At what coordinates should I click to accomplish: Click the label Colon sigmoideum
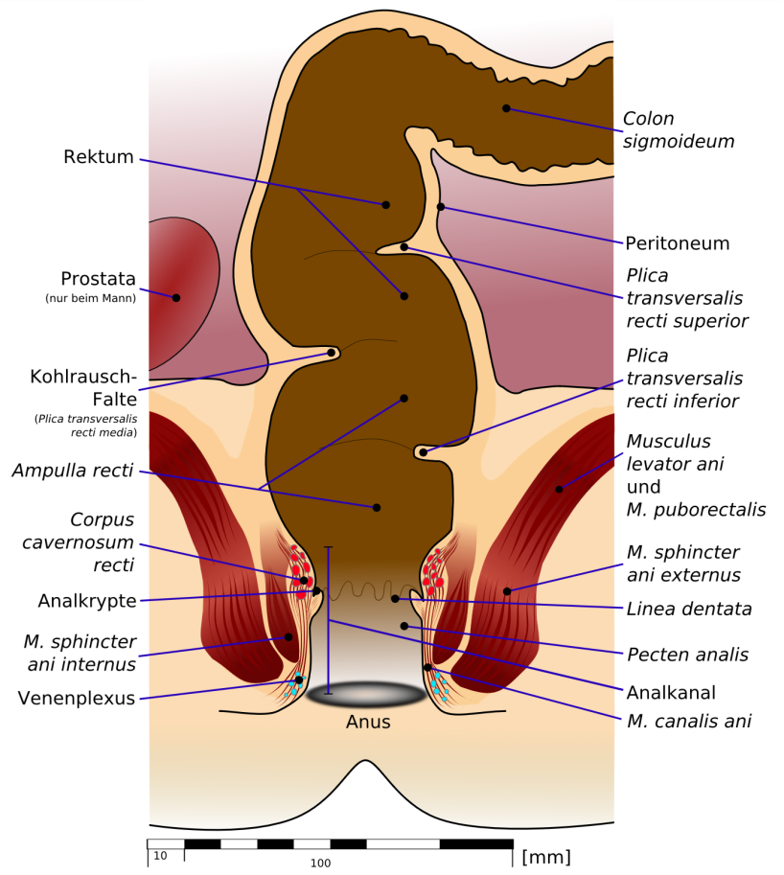click(x=678, y=130)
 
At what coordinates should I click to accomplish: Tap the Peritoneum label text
click(x=677, y=243)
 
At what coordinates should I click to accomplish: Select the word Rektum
click(x=98, y=157)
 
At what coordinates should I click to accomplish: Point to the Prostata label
click(x=98, y=279)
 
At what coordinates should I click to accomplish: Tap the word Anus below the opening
click(x=368, y=722)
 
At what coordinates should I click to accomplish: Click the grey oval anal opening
click(x=366, y=694)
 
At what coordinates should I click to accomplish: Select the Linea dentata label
click(x=688, y=609)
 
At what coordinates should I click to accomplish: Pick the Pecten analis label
click(x=687, y=655)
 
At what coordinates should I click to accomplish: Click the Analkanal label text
click(x=671, y=693)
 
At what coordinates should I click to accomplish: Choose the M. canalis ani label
click(x=688, y=721)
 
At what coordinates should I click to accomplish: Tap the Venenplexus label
click(x=77, y=698)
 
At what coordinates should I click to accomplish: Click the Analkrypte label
click(x=87, y=601)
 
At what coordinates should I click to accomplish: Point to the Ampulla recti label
click(x=73, y=471)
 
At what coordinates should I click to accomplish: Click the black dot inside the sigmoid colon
click(x=506, y=108)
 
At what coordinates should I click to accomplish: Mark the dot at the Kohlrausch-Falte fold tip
click(x=331, y=353)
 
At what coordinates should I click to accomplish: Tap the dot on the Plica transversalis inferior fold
click(x=424, y=452)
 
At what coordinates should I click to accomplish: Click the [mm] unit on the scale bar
click(x=545, y=857)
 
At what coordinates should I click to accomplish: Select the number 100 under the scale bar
click(x=320, y=863)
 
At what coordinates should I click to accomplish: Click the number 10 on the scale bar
click(x=160, y=856)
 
